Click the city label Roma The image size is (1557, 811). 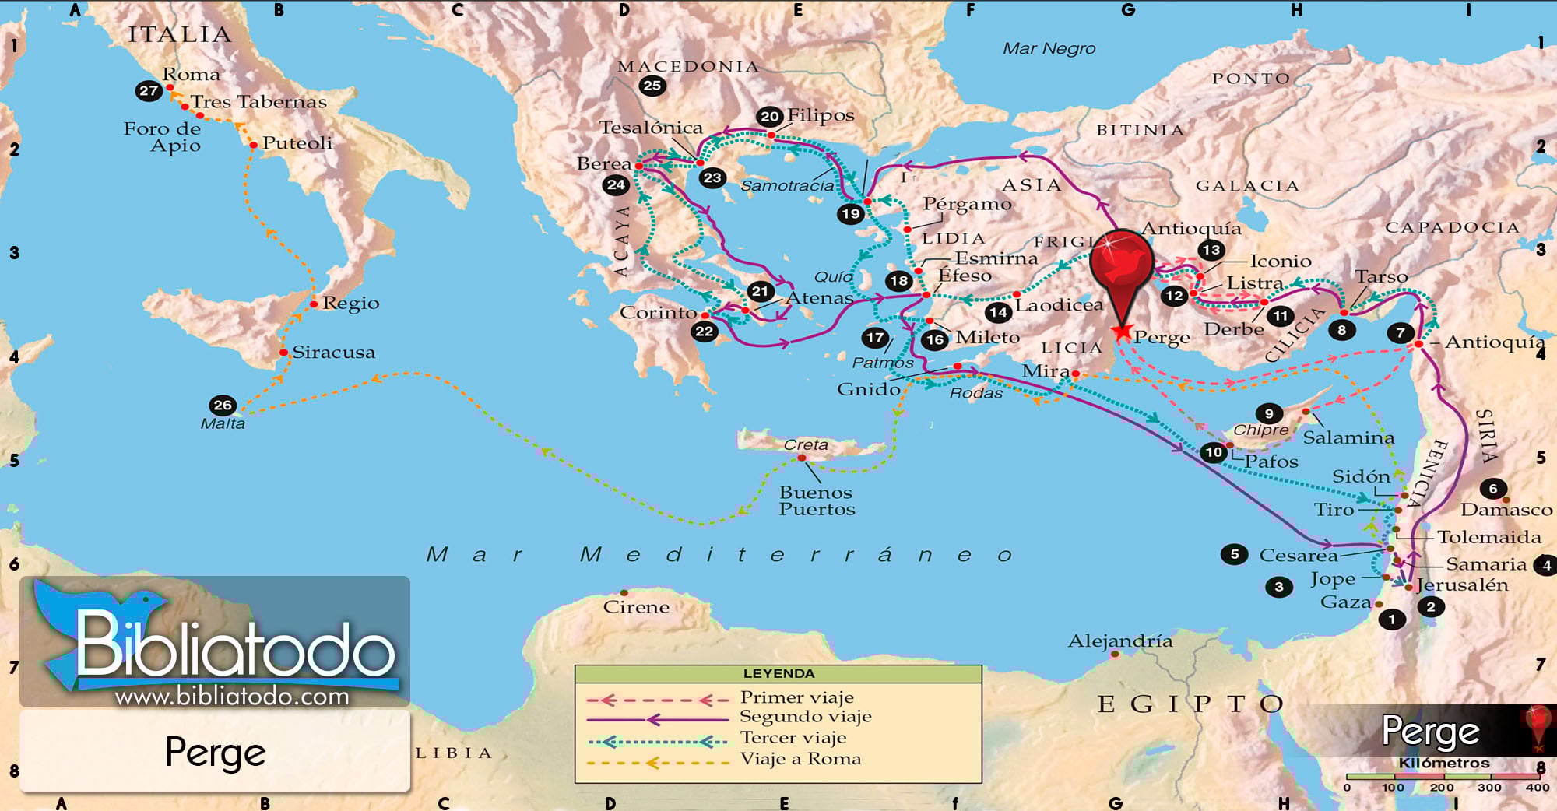(x=191, y=75)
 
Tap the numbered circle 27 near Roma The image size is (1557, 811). (x=148, y=90)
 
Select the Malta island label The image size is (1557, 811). (x=223, y=423)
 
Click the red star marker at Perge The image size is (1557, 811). (x=1121, y=332)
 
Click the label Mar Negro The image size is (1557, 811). (x=1049, y=48)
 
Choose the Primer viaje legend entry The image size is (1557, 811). (x=796, y=697)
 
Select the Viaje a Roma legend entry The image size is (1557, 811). (x=800, y=759)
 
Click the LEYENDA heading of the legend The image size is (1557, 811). (x=778, y=673)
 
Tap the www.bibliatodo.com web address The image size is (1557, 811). (x=232, y=696)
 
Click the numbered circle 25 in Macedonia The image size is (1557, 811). (x=652, y=86)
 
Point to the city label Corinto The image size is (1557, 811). (x=658, y=312)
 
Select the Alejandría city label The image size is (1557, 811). (x=1119, y=641)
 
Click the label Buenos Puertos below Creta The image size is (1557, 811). (x=817, y=500)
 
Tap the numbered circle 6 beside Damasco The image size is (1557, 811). (x=1492, y=489)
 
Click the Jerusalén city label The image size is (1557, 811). (x=1462, y=585)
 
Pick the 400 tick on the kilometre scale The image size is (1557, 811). (x=1537, y=788)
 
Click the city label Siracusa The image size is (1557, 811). (x=333, y=353)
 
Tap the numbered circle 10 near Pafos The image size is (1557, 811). (x=1213, y=451)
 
